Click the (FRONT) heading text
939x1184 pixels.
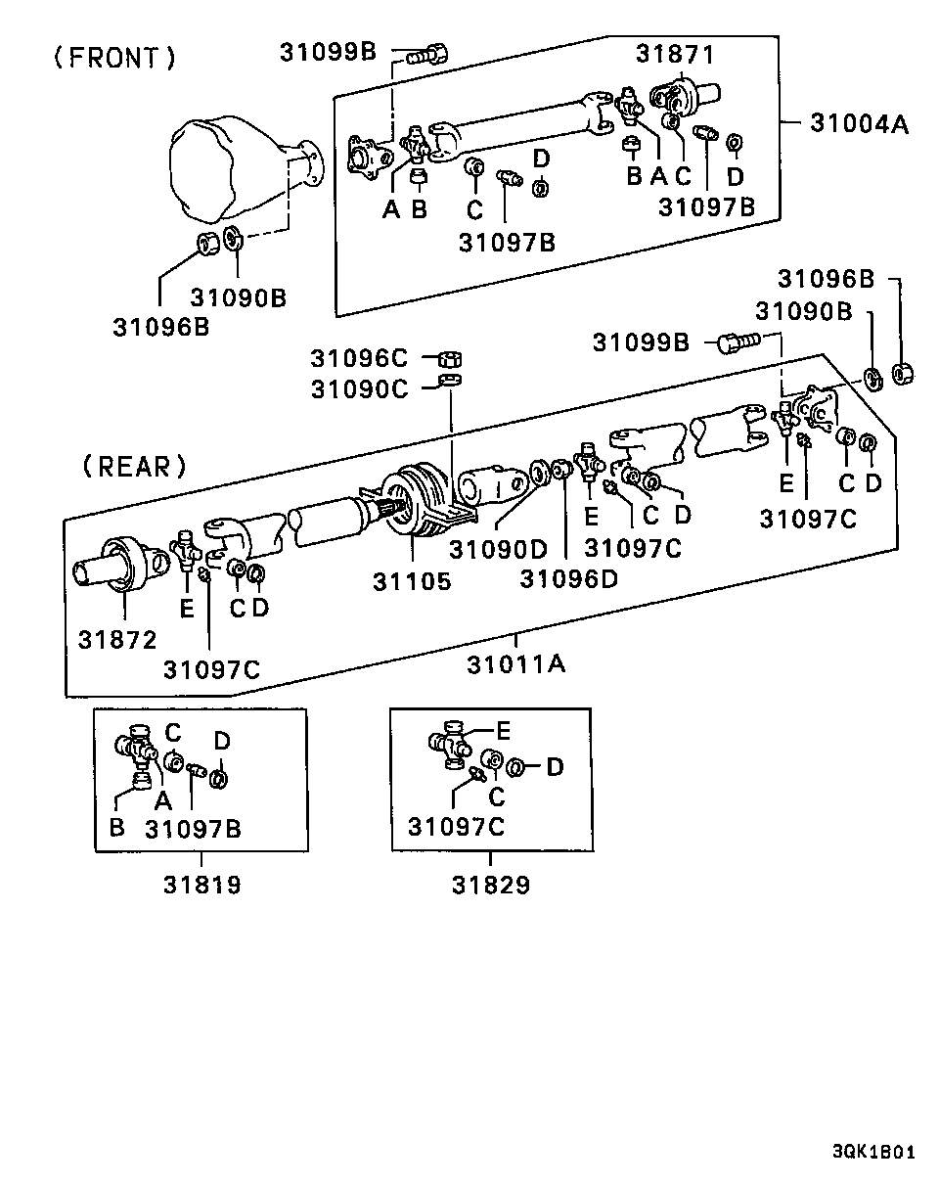(x=114, y=59)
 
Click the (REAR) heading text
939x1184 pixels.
(x=134, y=466)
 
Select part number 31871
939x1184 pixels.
(x=675, y=54)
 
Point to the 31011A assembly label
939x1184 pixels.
(x=515, y=664)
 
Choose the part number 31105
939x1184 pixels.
(x=412, y=581)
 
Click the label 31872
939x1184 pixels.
(x=117, y=640)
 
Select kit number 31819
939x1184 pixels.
(x=201, y=885)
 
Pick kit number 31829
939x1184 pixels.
(x=490, y=885)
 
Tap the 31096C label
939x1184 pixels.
(x=359, y=358)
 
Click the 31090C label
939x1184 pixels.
(x=359, y=388)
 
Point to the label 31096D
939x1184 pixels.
(x=568, y=578)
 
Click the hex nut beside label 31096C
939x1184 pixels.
(x=450, y=359)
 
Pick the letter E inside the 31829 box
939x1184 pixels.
(x=504, y=730)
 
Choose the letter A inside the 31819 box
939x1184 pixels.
(x=163, y=798)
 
